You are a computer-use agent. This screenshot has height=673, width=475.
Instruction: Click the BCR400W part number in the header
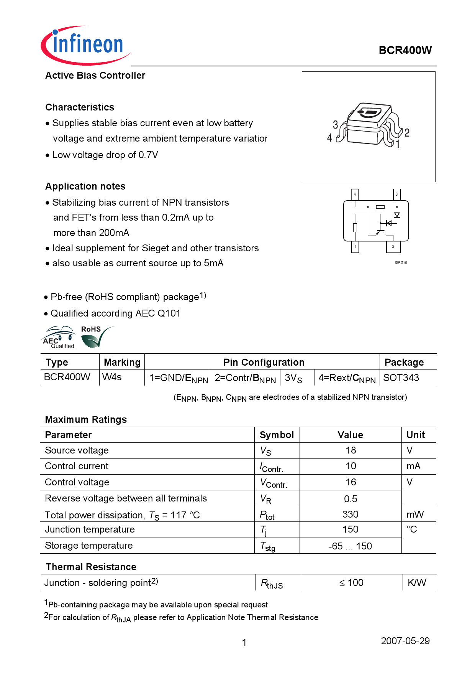[x=405, y=50]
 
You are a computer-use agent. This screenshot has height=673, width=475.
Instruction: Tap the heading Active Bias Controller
[x=95, y=75]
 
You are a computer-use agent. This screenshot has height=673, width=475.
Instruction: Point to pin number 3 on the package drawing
[x=335, y=125]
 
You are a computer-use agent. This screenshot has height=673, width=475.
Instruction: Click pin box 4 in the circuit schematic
[x=355, y=195]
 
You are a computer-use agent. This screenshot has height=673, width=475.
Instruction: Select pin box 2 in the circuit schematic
[x=393, y=247]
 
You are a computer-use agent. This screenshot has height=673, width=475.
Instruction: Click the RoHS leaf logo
[x=94, y=337]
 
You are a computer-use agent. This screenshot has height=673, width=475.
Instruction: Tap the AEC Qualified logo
[x=59, y=337]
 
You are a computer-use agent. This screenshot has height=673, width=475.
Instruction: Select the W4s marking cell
[x=112, y=377]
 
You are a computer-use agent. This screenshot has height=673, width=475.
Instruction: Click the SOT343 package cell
[x=401, y=378]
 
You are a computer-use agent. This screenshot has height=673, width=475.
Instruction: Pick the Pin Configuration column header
[x=264, y=362]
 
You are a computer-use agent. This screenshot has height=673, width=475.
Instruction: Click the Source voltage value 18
[x=351, y=450]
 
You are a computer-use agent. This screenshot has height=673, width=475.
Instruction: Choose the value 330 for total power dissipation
[x=350, y=514]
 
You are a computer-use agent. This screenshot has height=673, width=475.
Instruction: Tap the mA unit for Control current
[x=413, y=466]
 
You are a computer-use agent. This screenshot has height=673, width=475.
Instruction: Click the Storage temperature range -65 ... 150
[x=350, y=546]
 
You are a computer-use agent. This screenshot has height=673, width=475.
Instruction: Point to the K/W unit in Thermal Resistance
[x=417, y=582]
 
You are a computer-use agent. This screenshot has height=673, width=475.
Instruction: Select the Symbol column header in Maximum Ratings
[x=277, y=435]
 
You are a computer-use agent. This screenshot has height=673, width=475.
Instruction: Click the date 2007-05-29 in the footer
[x=405, y=641]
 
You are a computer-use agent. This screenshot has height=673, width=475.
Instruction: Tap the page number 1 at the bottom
[x=244, y=642]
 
